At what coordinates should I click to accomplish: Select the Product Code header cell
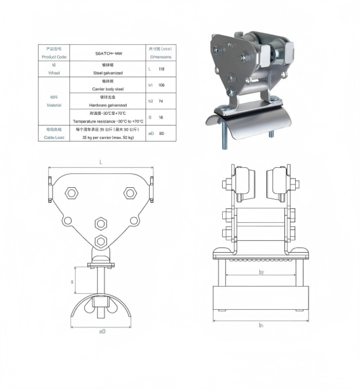tap(54, 57)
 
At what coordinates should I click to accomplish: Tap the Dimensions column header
tap(160, 57)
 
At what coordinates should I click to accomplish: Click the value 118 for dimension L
tap(161, 69)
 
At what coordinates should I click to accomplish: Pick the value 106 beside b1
tap(161, 85)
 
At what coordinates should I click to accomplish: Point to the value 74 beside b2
tap(161, 101)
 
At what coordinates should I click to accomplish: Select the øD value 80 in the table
tap(161, 133)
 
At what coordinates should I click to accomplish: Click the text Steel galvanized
tap(108, 73)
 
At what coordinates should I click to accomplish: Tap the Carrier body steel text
tap(108, 89)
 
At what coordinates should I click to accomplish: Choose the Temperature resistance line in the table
tap(108, 122)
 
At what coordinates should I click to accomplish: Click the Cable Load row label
tap(54, 137)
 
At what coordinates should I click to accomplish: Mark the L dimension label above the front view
tap(101, 162)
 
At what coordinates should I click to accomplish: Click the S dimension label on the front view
tap(72, 282)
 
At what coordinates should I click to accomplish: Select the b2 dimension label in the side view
tap(261, 272)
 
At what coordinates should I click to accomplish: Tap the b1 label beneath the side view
tap(261, 326)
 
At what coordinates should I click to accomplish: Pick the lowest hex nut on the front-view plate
tap(100, 241)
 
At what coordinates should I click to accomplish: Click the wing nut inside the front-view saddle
tap(102, 304)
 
